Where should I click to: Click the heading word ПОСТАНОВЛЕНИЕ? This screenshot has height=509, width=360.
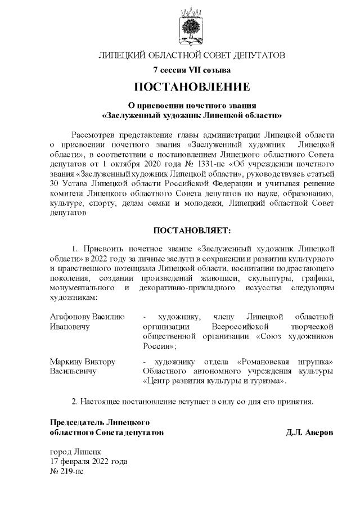pos(191,87)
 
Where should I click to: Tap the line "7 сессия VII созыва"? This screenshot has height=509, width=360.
pos(191,70)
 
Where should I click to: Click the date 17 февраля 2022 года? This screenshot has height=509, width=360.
pos(89,462)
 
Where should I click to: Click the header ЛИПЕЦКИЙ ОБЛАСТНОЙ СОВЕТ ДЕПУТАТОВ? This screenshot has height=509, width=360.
pos(191,55)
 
